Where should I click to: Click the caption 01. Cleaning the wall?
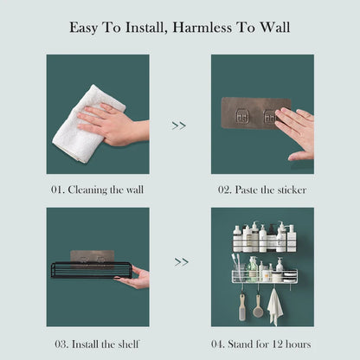coord(97,190)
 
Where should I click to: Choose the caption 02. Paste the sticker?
coord(262,190)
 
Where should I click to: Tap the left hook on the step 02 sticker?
coord(245,116)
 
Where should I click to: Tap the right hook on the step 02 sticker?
coord(269,116)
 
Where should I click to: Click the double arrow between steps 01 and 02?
coord(179,125)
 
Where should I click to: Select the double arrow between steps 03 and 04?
coord(182,261)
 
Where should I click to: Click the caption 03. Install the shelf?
coord(97,344)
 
